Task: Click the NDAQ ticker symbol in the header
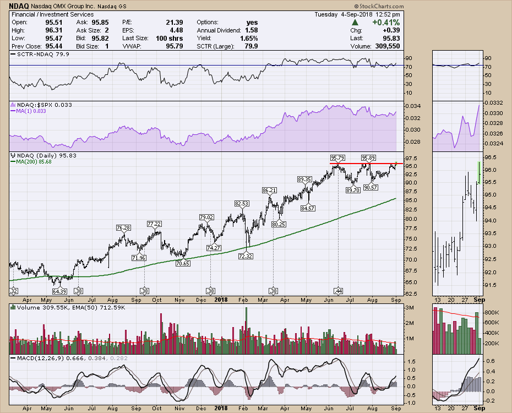pos(18,6)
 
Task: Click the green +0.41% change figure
pos(385,22)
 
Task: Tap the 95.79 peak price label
pos(337,159)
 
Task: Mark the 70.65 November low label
pos(182,263)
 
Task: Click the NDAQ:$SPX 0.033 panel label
pos(38,105)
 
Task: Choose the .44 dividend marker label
pos(337,290)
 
